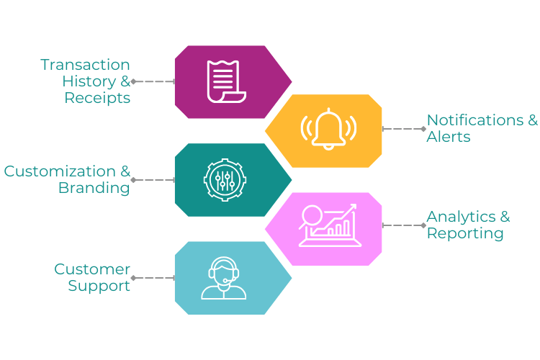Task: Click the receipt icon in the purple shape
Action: click(226, 81)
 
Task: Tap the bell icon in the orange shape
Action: click(328, 129)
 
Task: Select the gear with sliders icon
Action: click(225, 180)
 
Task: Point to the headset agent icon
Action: click(224, 278)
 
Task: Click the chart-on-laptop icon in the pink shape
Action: click(330, 225)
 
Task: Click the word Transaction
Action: click(85, 65)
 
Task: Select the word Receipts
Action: click(97, 98)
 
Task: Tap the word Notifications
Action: click(475, 120)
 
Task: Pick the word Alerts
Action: click(449, 137)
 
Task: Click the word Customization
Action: click(60, 171)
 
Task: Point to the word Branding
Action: click(94, 188)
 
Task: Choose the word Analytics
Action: click(461, 217)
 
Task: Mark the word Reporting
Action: click(465, 233)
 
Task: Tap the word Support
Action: click(99, 286)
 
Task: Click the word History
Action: click(89, 81)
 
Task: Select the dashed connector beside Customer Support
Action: click(153, 278)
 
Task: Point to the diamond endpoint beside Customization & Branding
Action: click(133, 180)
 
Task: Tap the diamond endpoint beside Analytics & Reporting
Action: click(424, 225)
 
